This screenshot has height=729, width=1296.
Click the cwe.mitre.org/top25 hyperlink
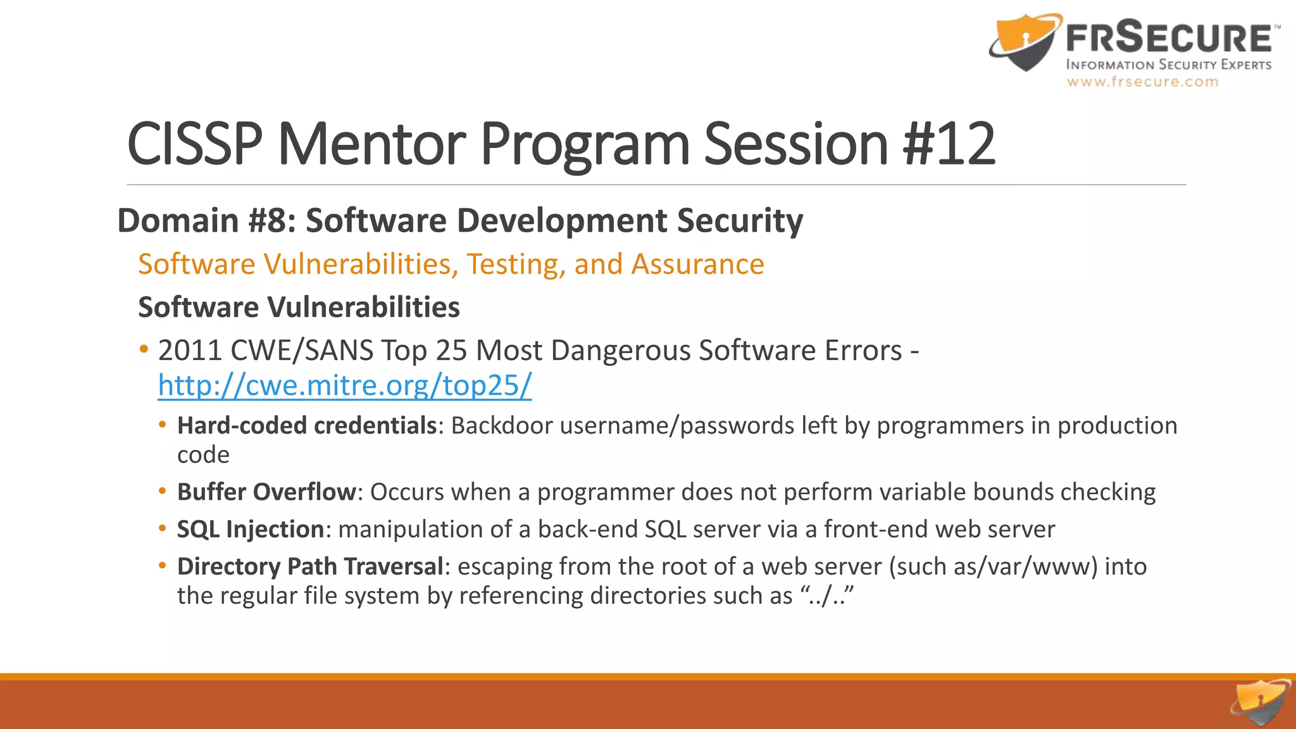[345, 385]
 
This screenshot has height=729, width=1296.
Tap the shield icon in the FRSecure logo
[1024, 42]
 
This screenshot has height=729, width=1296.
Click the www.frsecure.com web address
[1142, 82]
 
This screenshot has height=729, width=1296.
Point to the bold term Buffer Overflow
[266, 492]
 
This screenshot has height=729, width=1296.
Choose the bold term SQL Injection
[251, 529]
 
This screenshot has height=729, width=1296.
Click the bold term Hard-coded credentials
[307, 425]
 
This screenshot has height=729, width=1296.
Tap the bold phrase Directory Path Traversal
[310, 566]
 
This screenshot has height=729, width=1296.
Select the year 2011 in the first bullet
[190, 351]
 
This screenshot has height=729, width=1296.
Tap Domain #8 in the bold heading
[206, 220]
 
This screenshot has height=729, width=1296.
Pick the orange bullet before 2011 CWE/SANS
[144, 349]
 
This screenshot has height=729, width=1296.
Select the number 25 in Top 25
[451, 351]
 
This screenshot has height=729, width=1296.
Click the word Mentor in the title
[371, 144]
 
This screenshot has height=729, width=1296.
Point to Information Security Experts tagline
[1169, 65]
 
